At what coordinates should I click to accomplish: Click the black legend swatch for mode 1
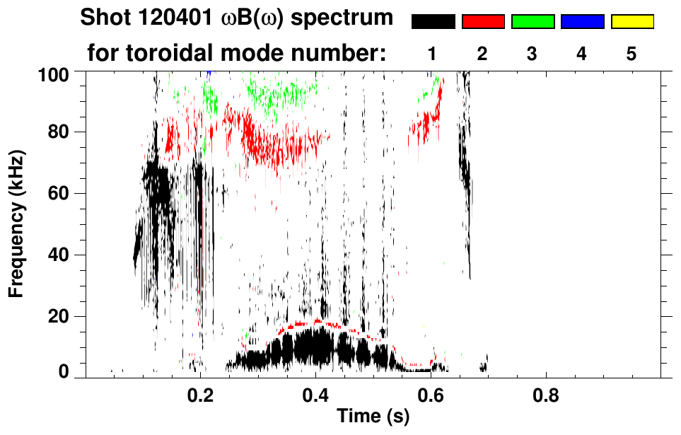[x=433, y=22]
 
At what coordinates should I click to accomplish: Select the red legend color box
[x=483, y=22]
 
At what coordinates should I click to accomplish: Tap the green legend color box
[x=532, y=22]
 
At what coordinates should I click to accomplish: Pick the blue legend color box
[x=582, y=22]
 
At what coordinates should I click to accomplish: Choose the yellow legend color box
[x=632, y=22]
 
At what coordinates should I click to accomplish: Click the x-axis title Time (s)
[x=373, y=417]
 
